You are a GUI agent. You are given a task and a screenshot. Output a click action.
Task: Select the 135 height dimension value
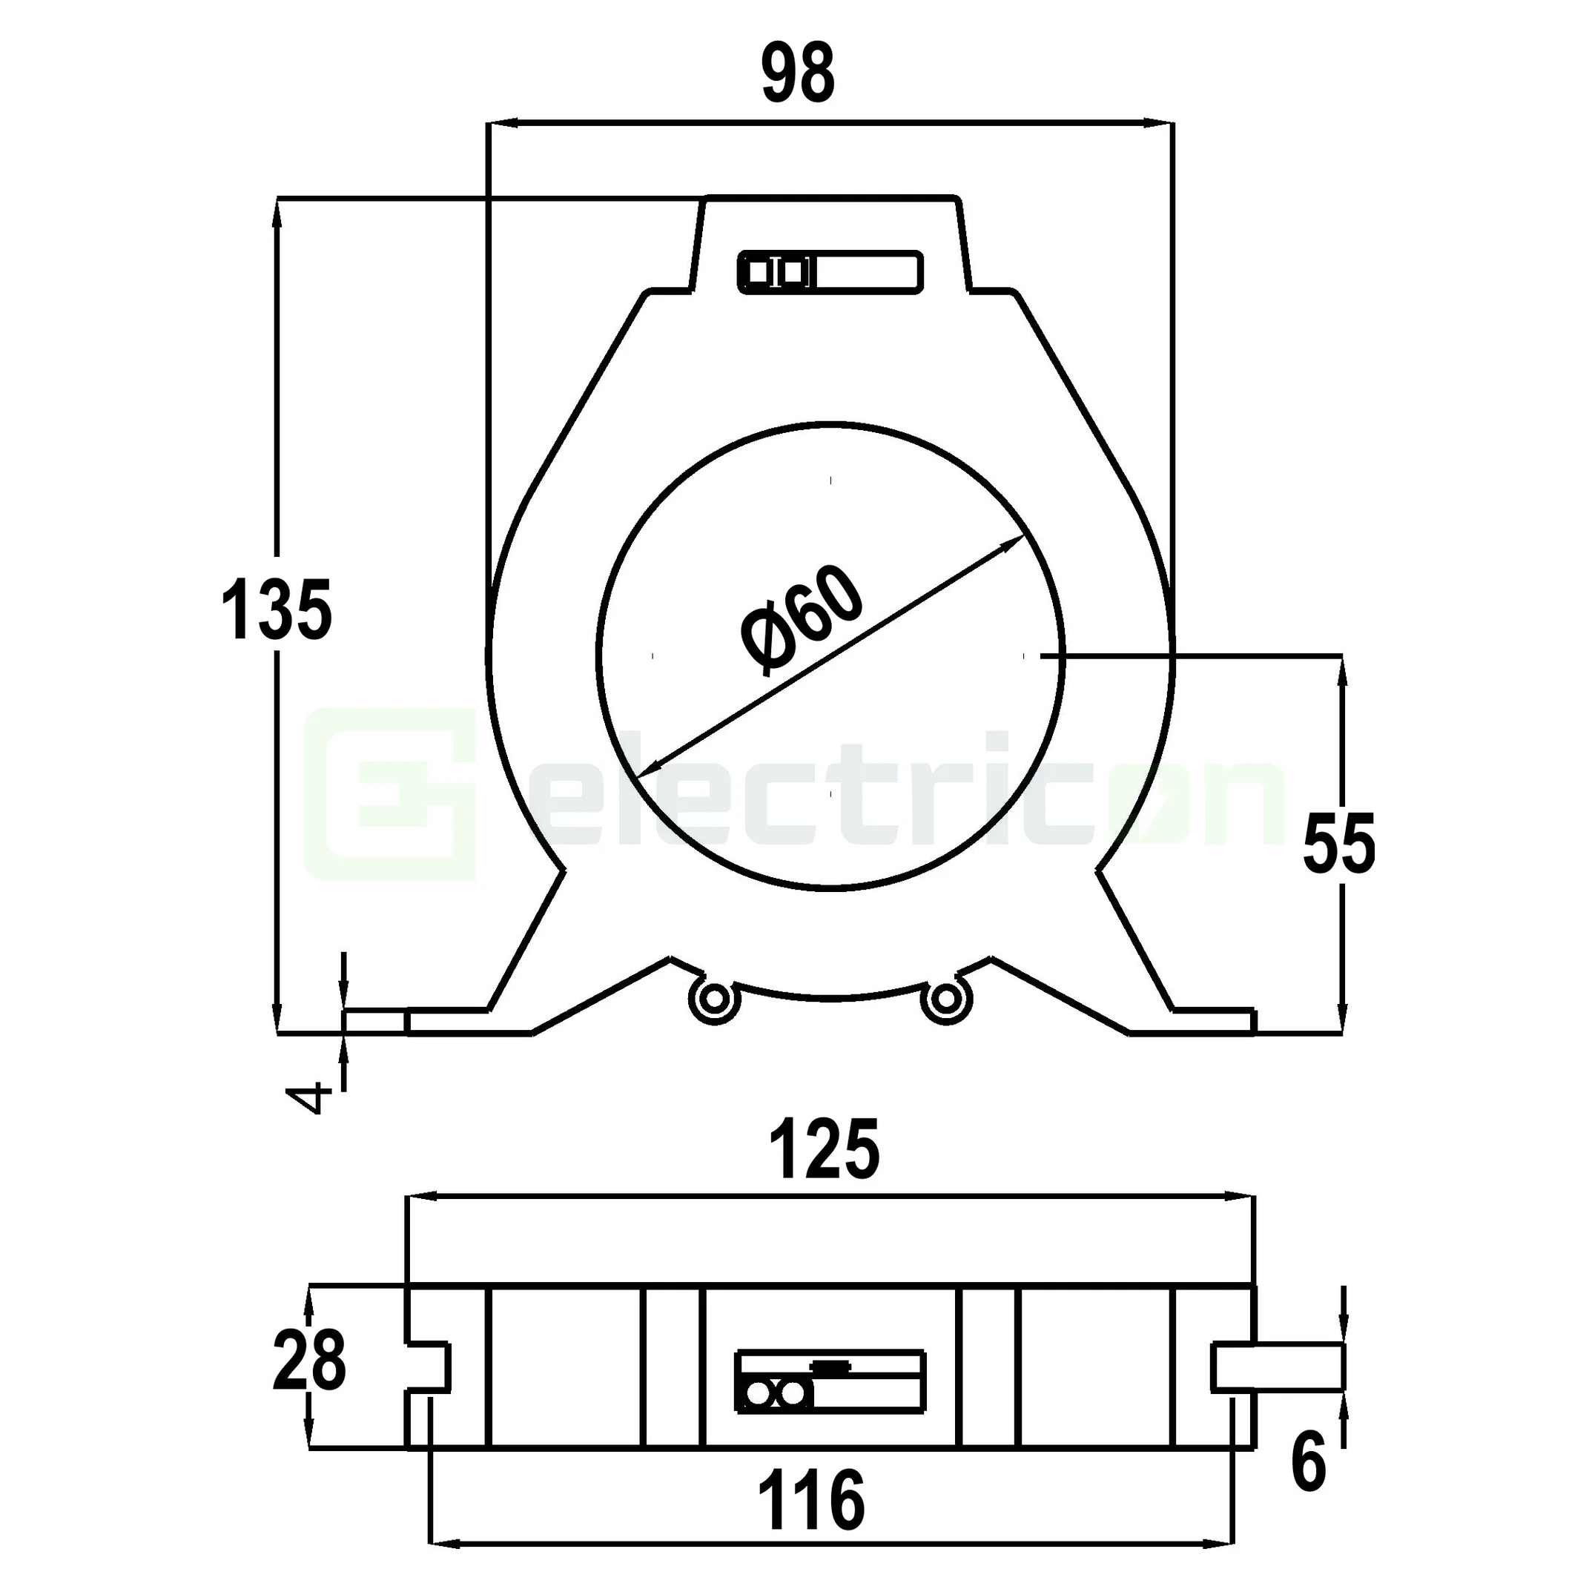[277, 609]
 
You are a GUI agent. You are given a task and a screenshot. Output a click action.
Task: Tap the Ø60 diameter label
[802, 621]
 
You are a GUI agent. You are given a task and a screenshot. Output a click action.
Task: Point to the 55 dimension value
[1339, 845]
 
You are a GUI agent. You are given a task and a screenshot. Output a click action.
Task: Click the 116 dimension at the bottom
[811, 1501]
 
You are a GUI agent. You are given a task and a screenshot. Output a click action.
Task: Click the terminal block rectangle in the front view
[830, 271]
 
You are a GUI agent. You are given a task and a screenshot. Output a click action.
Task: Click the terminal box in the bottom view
[830, 1381]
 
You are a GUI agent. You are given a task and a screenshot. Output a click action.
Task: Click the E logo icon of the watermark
[391, 793]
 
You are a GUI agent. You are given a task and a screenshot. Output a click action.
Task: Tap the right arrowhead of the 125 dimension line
[1242, 1198]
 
